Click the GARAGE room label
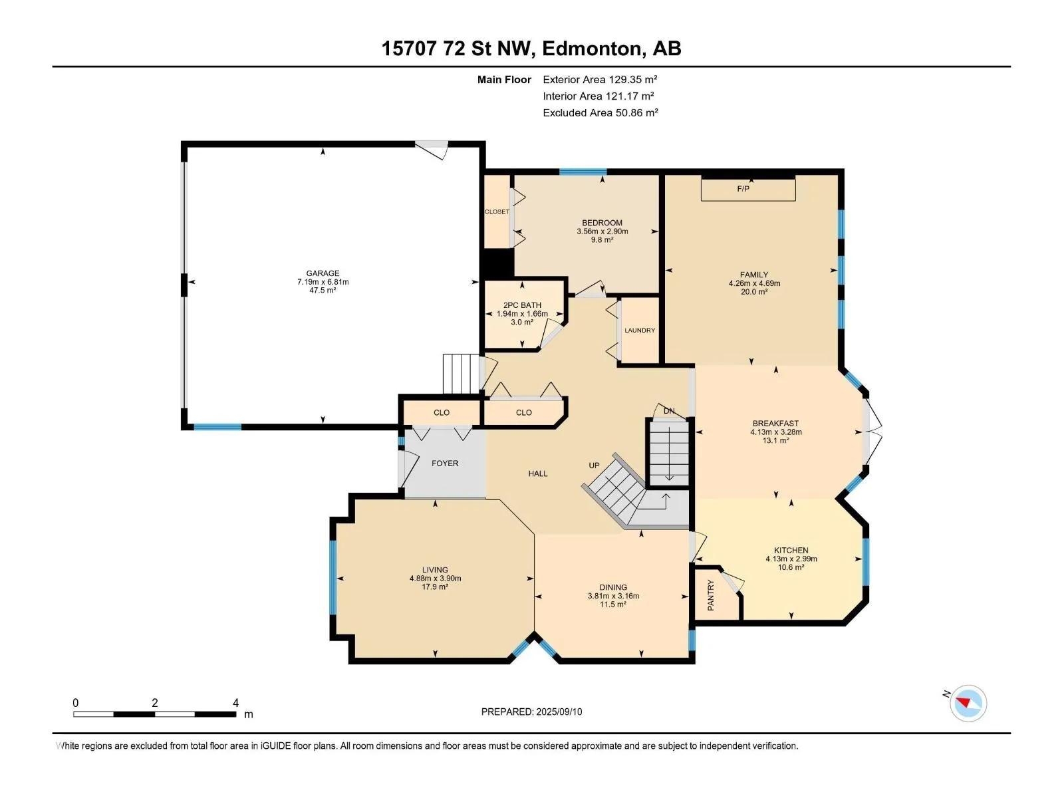click(x=323, y=273)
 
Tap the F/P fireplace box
click(x=748, y=190)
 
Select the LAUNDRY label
click(x=639, y=331)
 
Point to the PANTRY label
click(x=711, y=595)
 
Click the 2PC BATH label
click(x=522, y=305)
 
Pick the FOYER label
click(x=445, y=464)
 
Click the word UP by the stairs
click(x=594, y=465)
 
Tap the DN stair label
click(x=669, y=411)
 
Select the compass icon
click(x=968, y=703)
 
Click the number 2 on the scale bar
click(x=155, y=702)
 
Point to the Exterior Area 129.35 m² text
click(x=600, y=79)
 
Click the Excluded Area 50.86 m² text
click(x=600, y=113)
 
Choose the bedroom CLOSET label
click(x=497, y=211)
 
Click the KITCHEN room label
click(x=791, y=551)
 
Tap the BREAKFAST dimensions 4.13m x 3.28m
click(x=775, y=432)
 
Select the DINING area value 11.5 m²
click(x=613, y=604)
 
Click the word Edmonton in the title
click(x=592, y=49)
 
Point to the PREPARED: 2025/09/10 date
click(x=531, y=712)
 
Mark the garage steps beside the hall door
click(x=461, y=374)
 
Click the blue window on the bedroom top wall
click(x=583, y=172)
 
